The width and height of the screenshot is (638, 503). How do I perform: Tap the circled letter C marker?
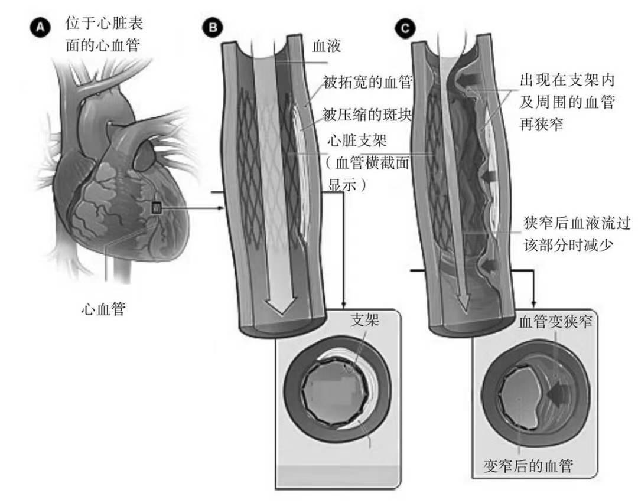coord(405,27)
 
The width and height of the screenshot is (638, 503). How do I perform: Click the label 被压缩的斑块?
coord(367,115)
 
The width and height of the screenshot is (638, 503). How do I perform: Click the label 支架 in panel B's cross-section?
coord(364,321)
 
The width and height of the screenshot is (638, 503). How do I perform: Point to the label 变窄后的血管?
coord(528,466)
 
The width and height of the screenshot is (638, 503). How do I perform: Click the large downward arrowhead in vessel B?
coord(279,305)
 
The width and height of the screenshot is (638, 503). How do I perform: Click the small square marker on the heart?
coord(156,207)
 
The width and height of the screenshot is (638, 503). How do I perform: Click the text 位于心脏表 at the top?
coord(105,24)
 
